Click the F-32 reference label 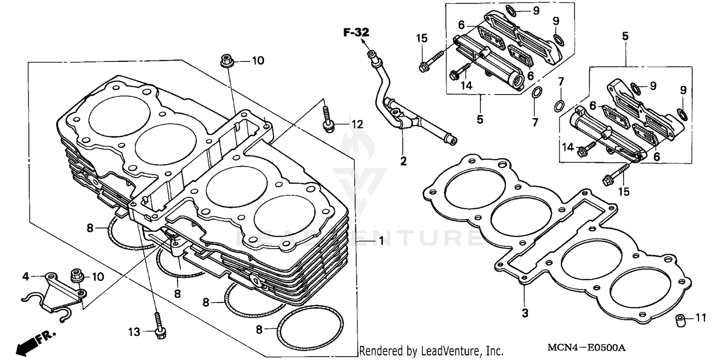[x=356, y=33]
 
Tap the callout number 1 [x=382, y=241]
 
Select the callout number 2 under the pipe [x=403, y=161]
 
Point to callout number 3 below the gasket [x=525, y=313]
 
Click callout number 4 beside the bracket [x=26, y=276]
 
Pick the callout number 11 [x=701, y=318]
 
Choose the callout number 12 [x=357, y=125]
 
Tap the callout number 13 [x=134, y=332]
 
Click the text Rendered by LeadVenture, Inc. [x=431, y=351]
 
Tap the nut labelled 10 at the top [x=226, y=61]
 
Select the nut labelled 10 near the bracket [x=75, y=276]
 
